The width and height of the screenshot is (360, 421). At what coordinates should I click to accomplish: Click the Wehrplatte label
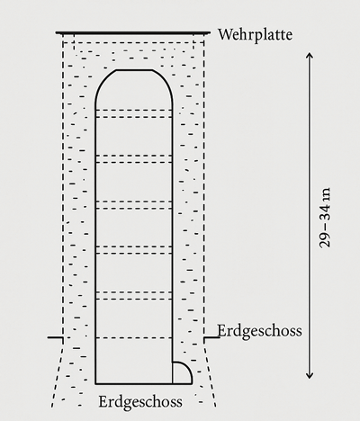tap(255, 35)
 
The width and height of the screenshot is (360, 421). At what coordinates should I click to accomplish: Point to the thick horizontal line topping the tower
tap(133, 32)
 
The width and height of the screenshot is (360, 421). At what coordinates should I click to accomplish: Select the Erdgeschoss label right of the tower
tap(259, 332)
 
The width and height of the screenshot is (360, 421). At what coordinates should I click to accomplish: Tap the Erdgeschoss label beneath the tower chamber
tap(140, 402)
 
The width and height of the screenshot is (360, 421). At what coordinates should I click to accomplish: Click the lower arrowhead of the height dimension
tap(310, 375)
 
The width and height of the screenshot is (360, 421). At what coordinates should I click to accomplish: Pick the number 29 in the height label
tap(325, 240)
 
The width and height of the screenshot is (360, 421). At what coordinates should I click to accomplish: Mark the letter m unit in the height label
tap(326, 194)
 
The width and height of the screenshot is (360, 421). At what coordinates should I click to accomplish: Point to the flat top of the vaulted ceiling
tap(134, 70)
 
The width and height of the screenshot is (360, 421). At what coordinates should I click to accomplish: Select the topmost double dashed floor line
tap(134, 113)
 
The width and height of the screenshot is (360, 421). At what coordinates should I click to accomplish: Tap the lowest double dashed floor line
tap(134, 295)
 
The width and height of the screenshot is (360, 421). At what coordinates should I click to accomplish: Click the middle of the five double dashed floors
tap(134, 204)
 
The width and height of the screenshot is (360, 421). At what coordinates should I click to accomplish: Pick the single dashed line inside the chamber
tap(134, 338)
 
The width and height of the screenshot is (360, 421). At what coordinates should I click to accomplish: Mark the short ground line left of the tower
tap(55, 337)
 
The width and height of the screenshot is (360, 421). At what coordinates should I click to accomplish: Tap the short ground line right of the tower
tap(211, 337)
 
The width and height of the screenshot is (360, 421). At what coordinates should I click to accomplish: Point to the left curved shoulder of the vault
tap(101, 83)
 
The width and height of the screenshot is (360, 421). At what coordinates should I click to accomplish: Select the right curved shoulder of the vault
tap(166, 83)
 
